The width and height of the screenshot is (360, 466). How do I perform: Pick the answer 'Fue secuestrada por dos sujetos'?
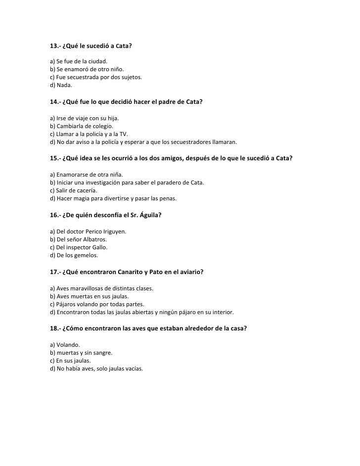pyautogui.click(x=96, y=77)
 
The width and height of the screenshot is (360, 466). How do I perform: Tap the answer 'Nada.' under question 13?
pyautogui.click(x=61, y=85)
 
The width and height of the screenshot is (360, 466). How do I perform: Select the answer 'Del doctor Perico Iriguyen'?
pyautogui.click(x=88, y=231)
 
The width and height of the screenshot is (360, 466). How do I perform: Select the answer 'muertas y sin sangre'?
pyautogui.click(x=81, y=352)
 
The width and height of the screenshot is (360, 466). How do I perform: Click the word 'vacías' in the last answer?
pyautogui.click(x=133, y=368)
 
